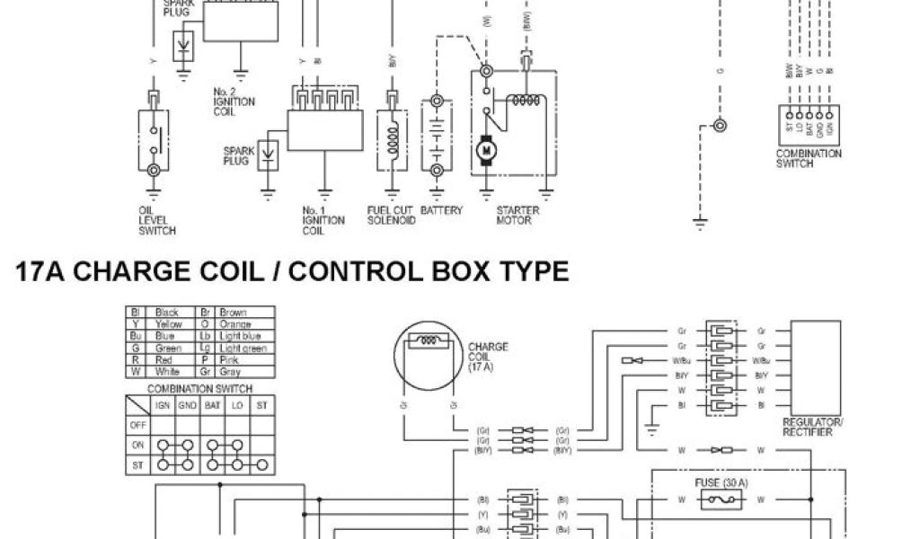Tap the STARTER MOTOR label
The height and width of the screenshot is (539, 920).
coord(516,216)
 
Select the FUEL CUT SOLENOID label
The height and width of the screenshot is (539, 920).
coord(391,216)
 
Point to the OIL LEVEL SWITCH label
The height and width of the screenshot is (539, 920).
coord(156,221)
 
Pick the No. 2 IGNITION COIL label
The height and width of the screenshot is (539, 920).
coord(234,102)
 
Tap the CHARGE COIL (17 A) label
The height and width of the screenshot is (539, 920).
coord(488,358)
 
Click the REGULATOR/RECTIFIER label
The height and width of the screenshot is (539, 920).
coord(812,427)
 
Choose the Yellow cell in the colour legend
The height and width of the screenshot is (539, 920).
coord(168,324)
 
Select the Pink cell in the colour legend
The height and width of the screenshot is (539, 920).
coord(229,358)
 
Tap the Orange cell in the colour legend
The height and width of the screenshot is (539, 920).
coord(234,324)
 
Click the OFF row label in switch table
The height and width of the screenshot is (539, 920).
coord(138,424)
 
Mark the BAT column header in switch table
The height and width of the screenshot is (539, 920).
coord(213,405)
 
